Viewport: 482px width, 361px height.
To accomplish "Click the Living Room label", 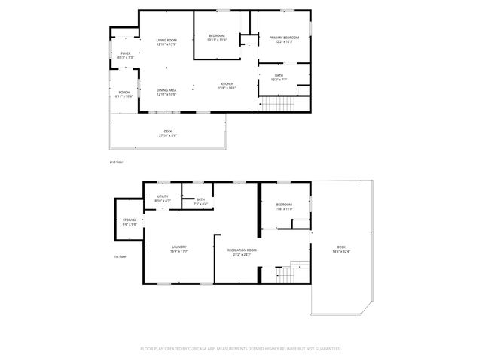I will pyautogui.click(x=166, y=41).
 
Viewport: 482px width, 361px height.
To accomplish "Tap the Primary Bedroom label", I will pyautogui.click(x=285, y=38).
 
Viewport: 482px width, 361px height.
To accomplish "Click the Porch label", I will pyautogui.click(x=124, y=94).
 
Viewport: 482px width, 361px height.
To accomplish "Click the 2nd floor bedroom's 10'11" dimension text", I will pyautogui.click(x=217, y=39).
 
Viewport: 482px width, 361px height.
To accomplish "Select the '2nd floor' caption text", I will pyautogui.click(x=115, y=162).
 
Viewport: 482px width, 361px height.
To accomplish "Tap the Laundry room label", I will pyautogui.click(x=178, y=249).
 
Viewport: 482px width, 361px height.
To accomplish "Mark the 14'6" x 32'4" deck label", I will pyautogui.click(x=341, y=249).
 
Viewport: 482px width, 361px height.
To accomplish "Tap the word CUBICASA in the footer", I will pyautogui.click(x=214, y=349).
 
